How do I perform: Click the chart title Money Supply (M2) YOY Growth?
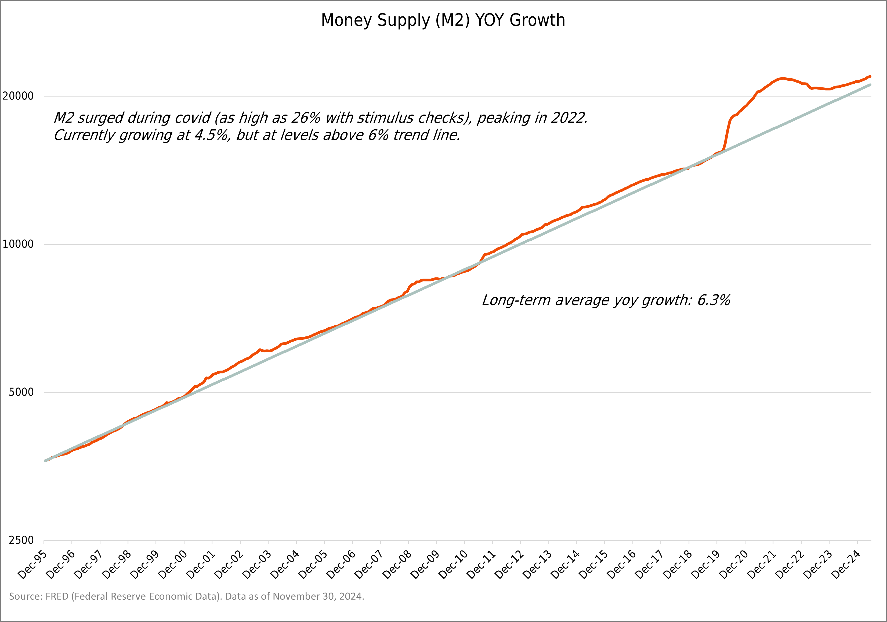[443, 20]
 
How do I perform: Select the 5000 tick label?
[21, 392]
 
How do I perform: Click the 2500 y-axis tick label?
[21, 540]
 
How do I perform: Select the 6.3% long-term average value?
[714, 300]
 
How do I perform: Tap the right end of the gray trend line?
[870, 85]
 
